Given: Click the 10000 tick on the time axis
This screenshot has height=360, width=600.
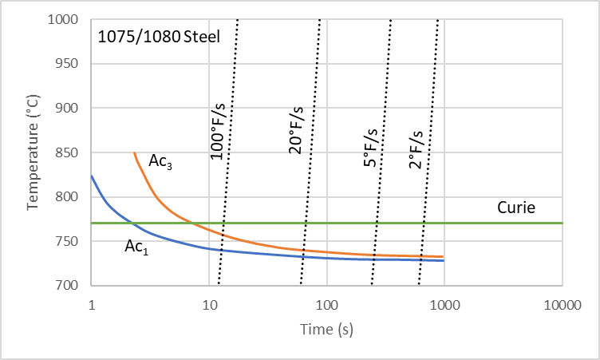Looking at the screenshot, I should (562, 303).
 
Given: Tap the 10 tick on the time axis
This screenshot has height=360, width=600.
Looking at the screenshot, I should (209, 303).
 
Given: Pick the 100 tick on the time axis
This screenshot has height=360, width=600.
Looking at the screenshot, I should (327, 303).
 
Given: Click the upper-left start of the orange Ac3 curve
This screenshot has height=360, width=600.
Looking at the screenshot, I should (134, 153).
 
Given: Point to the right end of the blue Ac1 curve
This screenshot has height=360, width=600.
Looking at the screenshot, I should (443, 261).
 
